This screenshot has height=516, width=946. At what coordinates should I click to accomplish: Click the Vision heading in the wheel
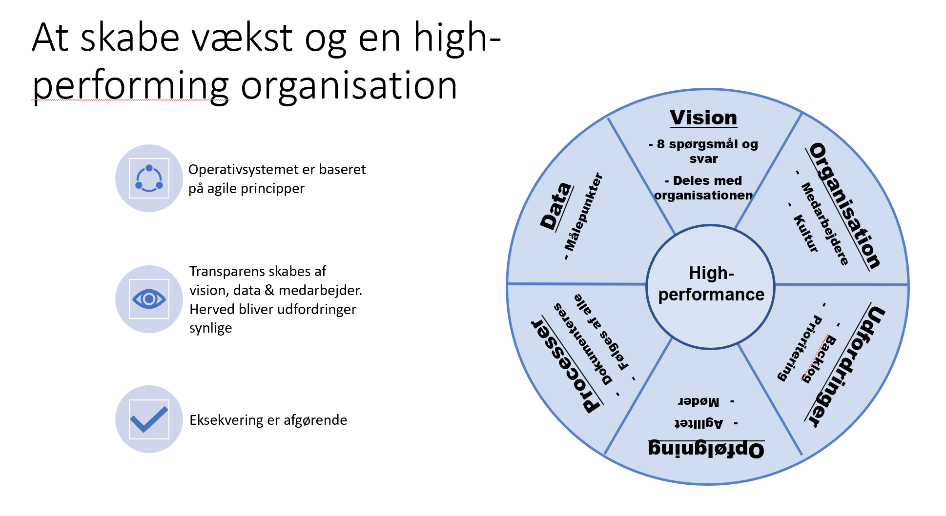703,118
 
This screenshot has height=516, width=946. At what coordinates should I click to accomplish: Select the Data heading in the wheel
556,206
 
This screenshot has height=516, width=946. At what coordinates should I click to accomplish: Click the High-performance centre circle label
711,284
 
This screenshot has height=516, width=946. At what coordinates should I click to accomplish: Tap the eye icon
149,299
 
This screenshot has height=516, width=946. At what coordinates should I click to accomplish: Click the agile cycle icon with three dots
149,178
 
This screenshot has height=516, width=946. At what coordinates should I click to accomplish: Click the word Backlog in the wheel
818,359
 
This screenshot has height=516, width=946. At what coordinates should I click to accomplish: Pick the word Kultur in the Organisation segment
806,233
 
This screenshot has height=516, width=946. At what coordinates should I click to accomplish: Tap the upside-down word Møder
699,401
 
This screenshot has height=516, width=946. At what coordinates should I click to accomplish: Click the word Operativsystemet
244,170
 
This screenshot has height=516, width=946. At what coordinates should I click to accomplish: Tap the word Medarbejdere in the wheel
825,224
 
